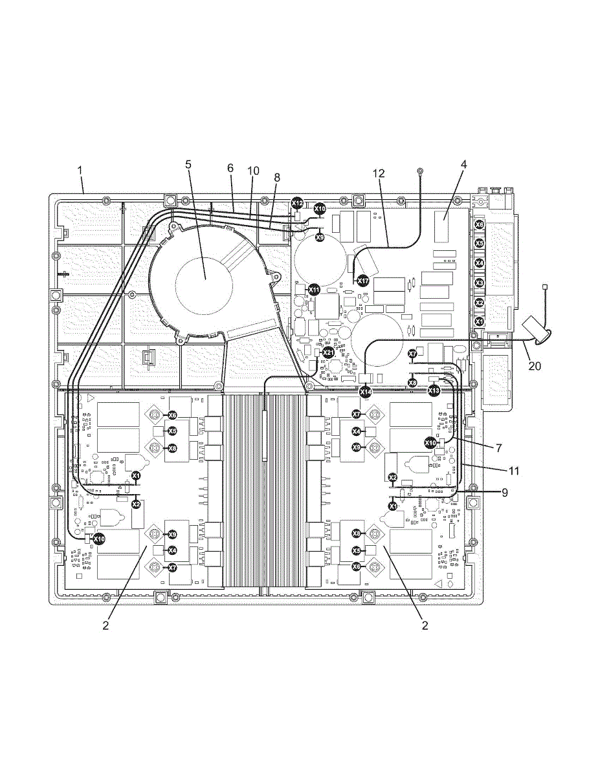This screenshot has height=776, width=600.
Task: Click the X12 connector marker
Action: pos(297,203)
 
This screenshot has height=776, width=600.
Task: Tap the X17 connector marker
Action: pos(363,281)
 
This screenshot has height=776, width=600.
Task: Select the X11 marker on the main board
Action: pos(314,289)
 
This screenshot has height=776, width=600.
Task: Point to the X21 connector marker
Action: pos(328,352)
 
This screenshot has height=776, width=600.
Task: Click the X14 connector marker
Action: pos(366,391)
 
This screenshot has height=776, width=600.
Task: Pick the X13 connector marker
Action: pos(434,391)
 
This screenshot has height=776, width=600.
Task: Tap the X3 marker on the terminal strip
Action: pos(480,283)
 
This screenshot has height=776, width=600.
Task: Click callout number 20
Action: pos(535,365)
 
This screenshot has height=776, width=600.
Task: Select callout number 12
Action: pos(379,173)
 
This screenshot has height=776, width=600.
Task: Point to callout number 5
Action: pos(188,164)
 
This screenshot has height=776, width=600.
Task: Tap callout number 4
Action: pos(463,164)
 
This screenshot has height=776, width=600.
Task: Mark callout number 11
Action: pos(515,471)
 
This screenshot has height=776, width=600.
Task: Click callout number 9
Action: pos(504,492)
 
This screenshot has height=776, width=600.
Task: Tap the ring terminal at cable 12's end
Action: pos(421,171)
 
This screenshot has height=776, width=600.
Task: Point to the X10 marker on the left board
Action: pos(99,538)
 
